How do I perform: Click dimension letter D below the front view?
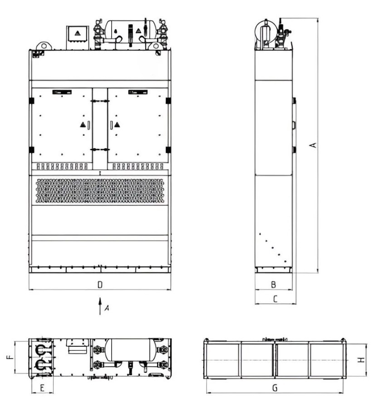100,285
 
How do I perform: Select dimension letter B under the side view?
274,285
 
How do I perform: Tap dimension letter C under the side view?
275,299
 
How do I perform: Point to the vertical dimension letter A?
313,145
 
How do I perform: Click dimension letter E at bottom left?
43,388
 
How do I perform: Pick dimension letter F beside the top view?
10,357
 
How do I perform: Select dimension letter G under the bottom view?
275,388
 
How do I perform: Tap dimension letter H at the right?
362,360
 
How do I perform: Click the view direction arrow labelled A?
100,306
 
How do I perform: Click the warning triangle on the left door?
83,125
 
